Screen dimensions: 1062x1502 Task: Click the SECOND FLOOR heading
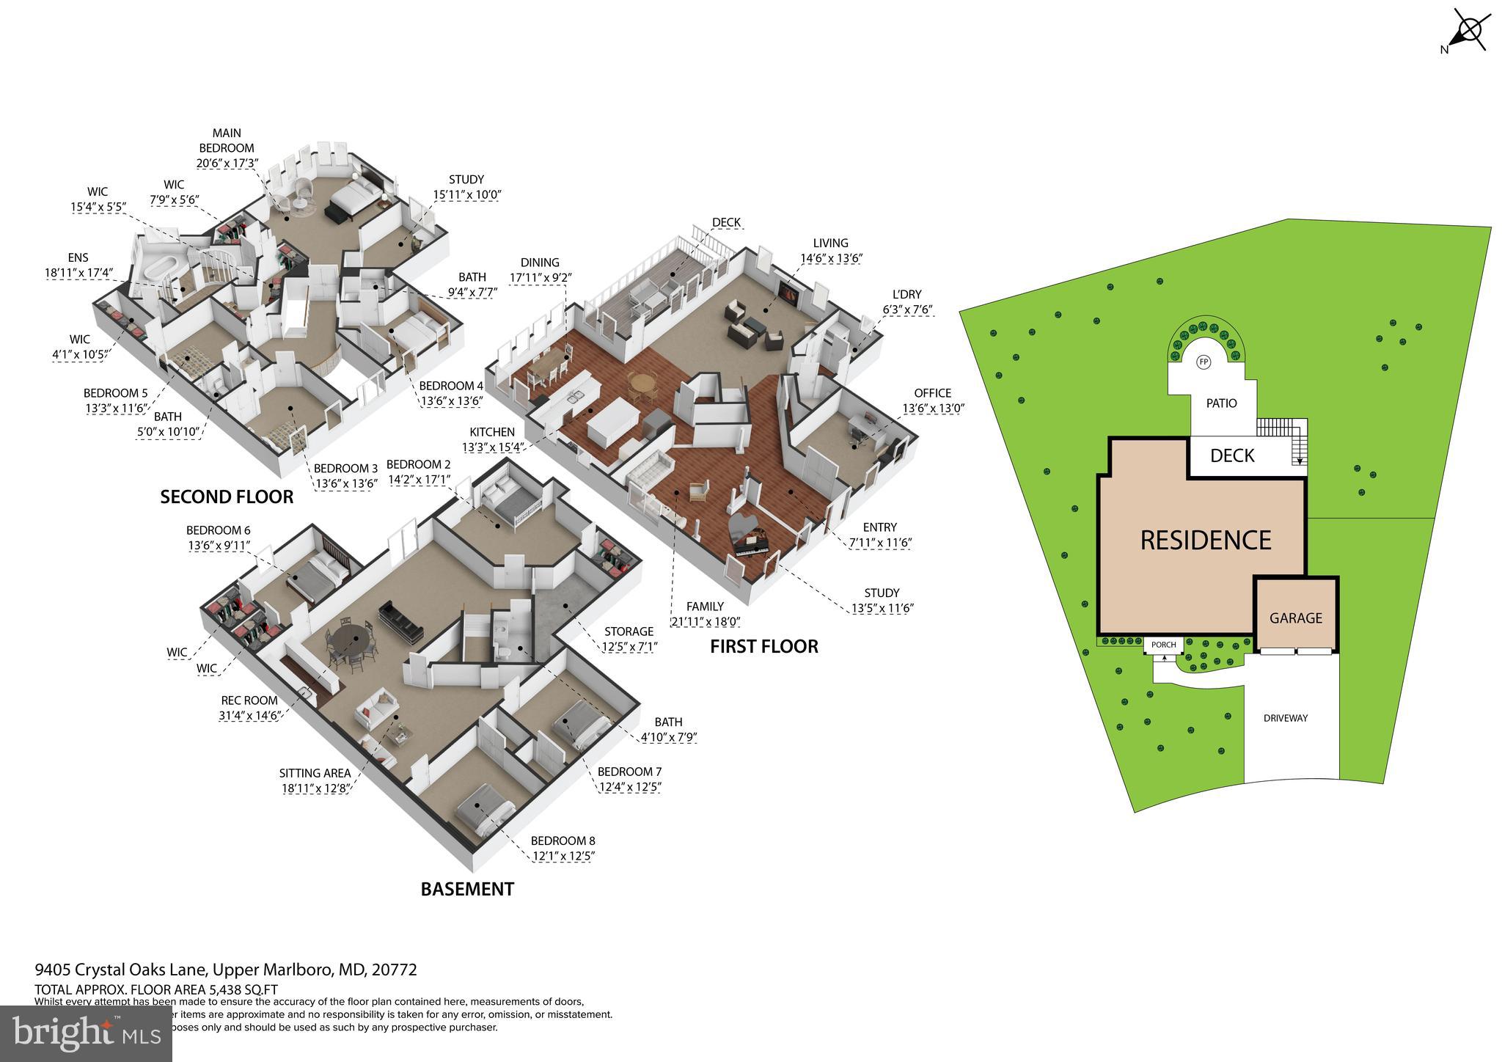[x=227, y=497]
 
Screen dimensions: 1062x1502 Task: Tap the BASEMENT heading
[x=467, y=889]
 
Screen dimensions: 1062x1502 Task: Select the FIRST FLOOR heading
[x=763, y=646]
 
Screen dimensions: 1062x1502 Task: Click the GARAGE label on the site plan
[x=1296, y=618]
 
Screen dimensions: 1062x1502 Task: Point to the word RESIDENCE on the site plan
[x=1206, y=541]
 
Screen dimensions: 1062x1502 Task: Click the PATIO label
[x=1221, y=403]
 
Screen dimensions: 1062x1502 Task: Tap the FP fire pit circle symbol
[x=1204, y=362]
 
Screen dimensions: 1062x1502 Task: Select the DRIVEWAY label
[x=1286, y=718]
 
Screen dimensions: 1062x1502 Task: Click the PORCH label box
[x=1164, y=645]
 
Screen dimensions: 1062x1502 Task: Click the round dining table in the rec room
[x=349, y=640]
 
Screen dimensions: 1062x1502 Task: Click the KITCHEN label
[x=492, y=432]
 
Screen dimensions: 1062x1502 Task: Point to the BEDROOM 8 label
[x=563, y=841]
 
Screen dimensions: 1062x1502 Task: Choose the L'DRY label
[x=907, y=294]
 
